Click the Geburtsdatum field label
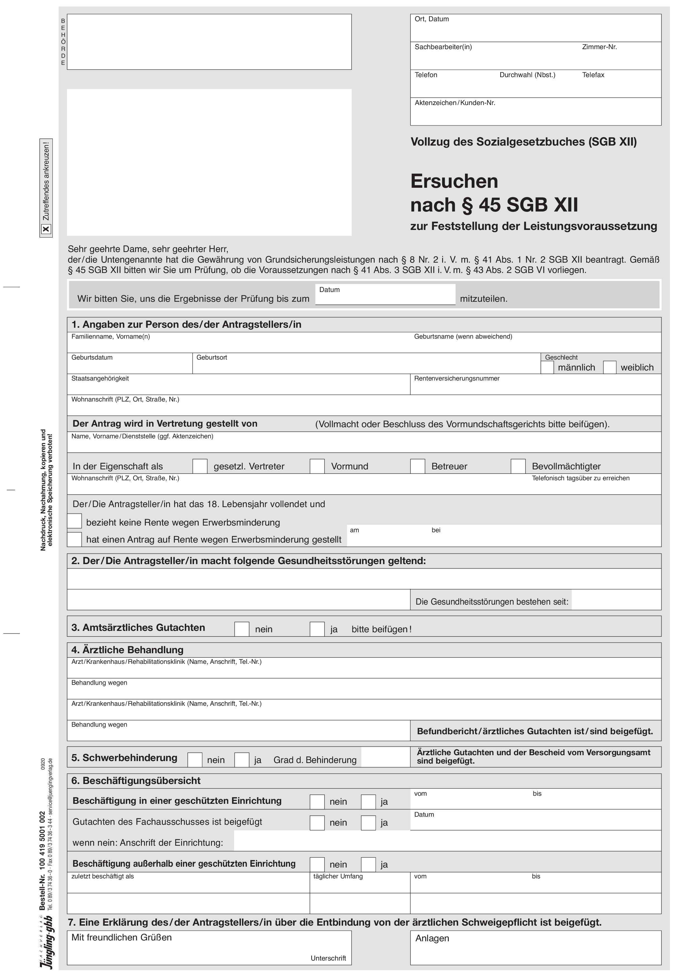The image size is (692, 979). point(92,357)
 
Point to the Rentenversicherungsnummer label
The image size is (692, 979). point(457,378)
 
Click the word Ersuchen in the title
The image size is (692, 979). point(454,181)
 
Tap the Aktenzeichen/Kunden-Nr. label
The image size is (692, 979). point(455,103)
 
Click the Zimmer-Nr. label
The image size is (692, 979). point(600,47)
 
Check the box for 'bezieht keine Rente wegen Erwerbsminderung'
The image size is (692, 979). point(75,521)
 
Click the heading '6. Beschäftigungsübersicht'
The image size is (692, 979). point(136,781)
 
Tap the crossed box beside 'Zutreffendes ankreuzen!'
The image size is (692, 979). point(46,229)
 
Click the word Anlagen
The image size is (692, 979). point(432,938)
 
